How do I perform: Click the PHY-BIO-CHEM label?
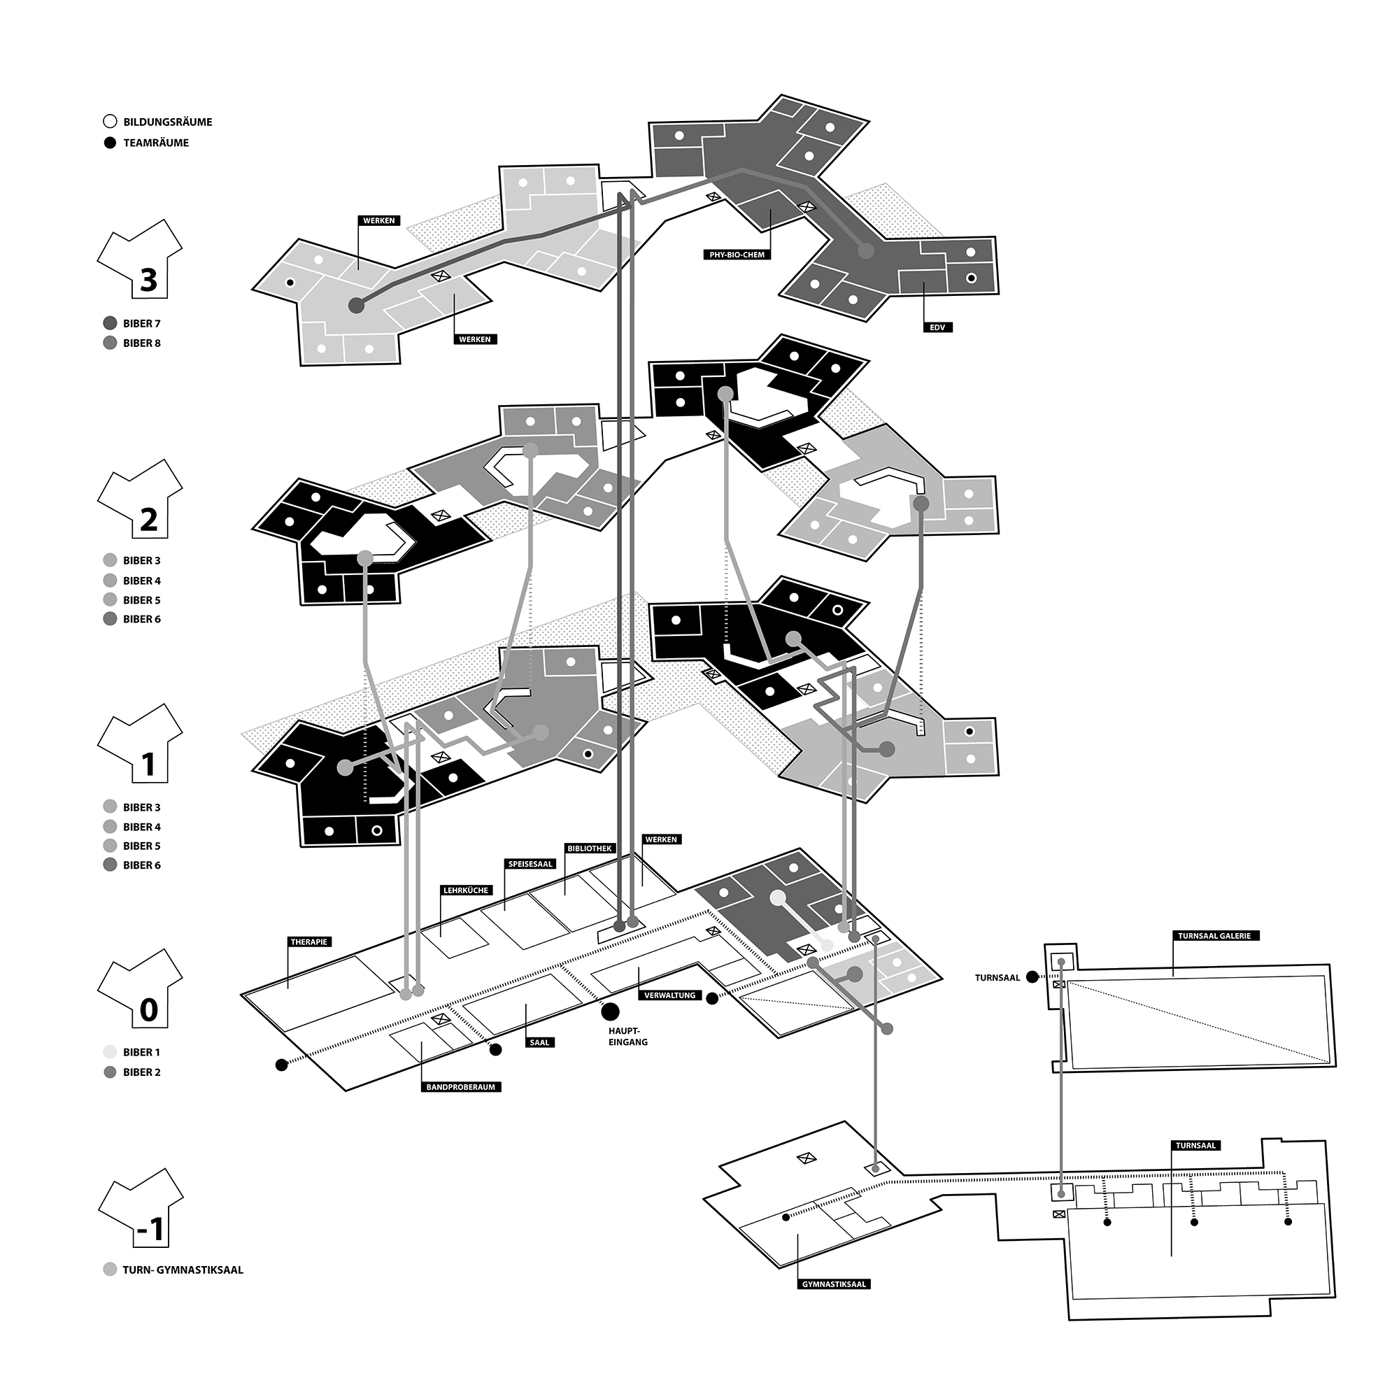(x=737, y=255)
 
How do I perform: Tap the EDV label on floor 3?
(x=938, y=327)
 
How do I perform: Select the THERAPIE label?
(x=309, y=942)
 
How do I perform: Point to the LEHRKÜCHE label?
(x=465, y=890)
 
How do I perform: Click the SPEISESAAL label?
(x=530, y=864)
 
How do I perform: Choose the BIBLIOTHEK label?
(x=590, y=848)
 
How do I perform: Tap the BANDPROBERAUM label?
(x=460, y=1087)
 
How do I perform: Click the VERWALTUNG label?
(x=670, y=995)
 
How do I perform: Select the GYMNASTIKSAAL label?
(x=834, y=1284)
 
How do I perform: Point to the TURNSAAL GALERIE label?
(x=1214, y=935)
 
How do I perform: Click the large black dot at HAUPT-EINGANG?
(x=611, y=1011)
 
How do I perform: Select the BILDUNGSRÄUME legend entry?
(x=159, y=122)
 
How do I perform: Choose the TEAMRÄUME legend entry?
(x=147, y=143)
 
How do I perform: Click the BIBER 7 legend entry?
(x=132, y=323)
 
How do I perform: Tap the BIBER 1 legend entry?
(x=132, y=1052)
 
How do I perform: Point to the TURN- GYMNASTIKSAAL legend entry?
(x=173, y=1270)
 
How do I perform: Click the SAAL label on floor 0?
(x=540, y=1043)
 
